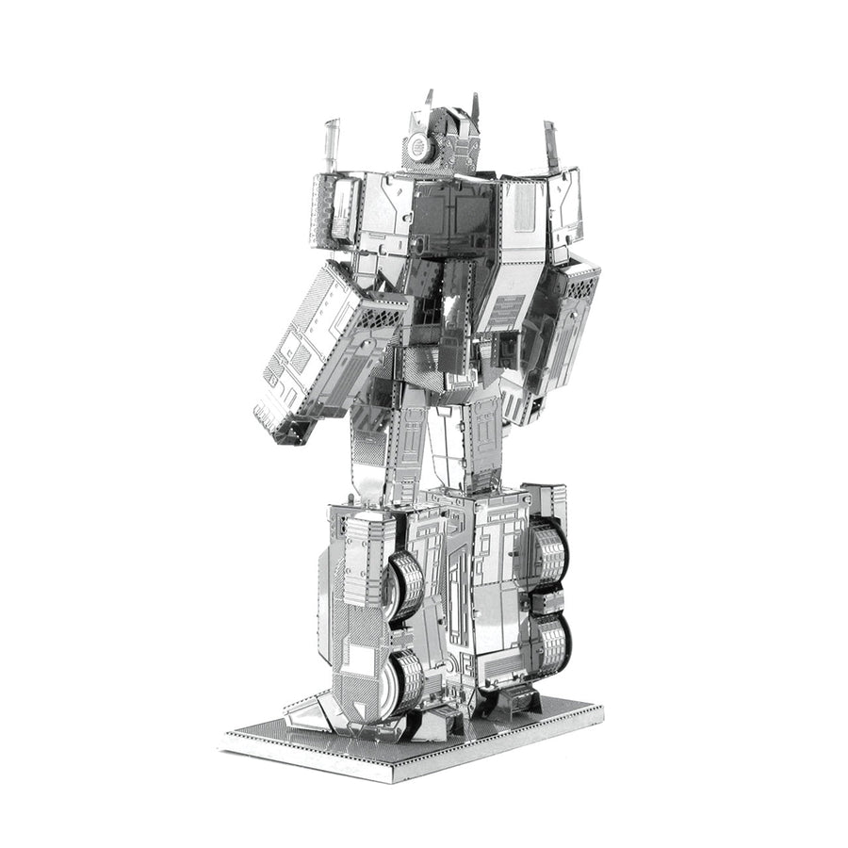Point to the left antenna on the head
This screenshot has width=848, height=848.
point(429,98)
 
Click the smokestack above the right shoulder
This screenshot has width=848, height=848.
point(550,146)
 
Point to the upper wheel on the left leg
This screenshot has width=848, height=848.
point(405,583)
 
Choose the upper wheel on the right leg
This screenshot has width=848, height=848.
point(549,551)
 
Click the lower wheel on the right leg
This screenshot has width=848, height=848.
point(552,646)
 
